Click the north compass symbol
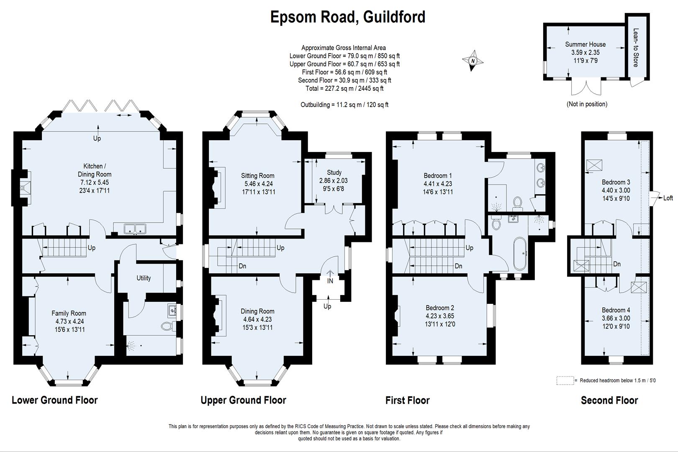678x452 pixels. tap(473, 61)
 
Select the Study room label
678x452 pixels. tap(334, 172)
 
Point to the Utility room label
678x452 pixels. tap(144, 278)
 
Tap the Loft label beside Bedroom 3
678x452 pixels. tap(668, 198)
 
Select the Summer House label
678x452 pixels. tap(585, 44)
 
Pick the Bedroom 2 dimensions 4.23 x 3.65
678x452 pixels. tap(439, 316)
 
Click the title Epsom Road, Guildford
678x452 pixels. tap(348, 17)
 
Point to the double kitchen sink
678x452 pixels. tap(135, 229)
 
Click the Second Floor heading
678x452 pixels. tap(609, 401)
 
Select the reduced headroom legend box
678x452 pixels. tap(565, 380)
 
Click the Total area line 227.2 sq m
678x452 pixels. tap(344, 88)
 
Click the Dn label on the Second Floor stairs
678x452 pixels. tap(616, 264)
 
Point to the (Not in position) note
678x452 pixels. tap(587, 104)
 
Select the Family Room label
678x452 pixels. tap(69, 313)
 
